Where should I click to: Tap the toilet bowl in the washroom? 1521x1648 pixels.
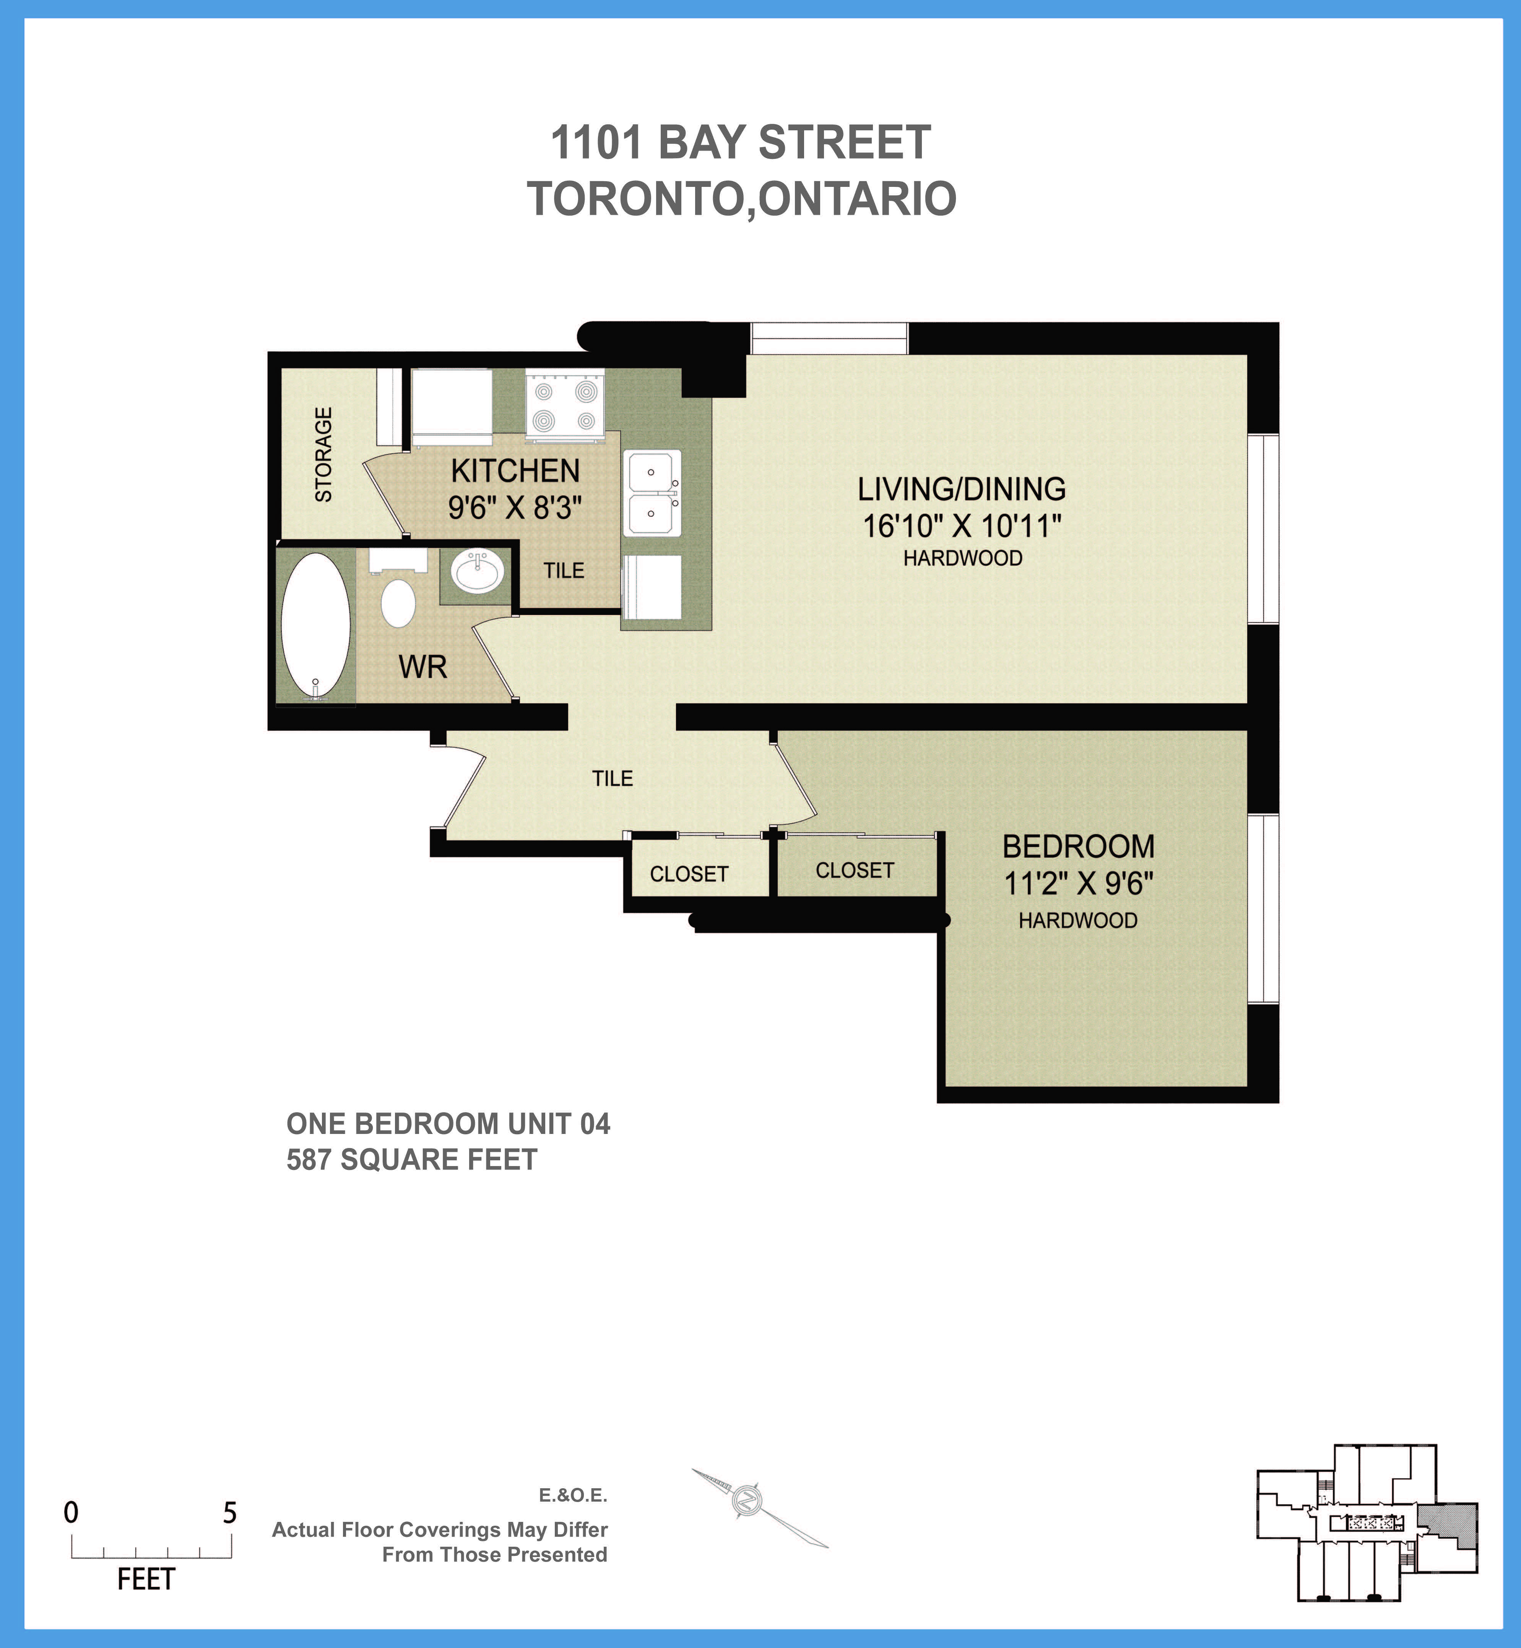point(398,603)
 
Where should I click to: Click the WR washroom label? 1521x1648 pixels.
point(422,667)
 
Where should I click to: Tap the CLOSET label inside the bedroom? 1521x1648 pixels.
point(854,871)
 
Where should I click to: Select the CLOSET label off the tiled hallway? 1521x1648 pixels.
point(689,874)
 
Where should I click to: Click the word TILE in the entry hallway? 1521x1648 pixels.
point(613,779)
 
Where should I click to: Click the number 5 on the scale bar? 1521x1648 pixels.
point(230,1512)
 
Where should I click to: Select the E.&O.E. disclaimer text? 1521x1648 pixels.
point(573,1495)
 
